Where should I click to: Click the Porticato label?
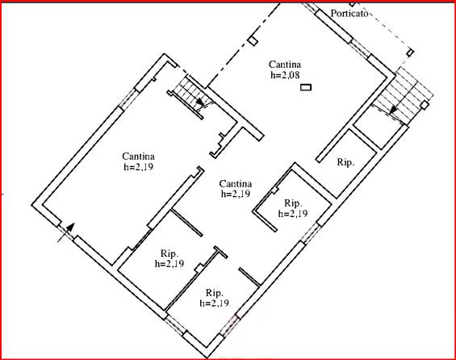click(x=349, y=14)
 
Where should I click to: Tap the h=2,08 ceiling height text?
click(x=285, y=75)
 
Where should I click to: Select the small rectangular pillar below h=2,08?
click(x=306, y=87)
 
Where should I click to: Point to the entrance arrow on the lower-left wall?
click(x=66, y=232)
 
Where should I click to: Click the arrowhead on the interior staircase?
click(x=200, y=102)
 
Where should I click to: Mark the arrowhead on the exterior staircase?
click(x=393, y=110)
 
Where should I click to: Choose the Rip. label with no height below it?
click(x=345, y=162)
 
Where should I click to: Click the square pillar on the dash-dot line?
click(x=253, y=41)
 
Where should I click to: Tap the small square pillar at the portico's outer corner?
click(x=410, y=52)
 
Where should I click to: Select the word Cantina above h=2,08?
click(x=285, y=65)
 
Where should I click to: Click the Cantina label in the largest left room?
click(x=139, y=157)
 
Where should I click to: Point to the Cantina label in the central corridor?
click(x=236, y=184)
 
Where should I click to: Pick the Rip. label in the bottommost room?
click(x=215, y=292)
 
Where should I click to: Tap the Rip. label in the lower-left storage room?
click(x=169, y=253)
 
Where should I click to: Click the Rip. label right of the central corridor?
click(x=293, y=203)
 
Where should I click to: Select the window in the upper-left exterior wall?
click(x=128, y=98)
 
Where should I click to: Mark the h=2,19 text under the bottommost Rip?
click(x=215, y=303)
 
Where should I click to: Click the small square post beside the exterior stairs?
click(x=425, y=105)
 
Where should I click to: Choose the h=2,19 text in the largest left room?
click(x=139, y=167)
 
